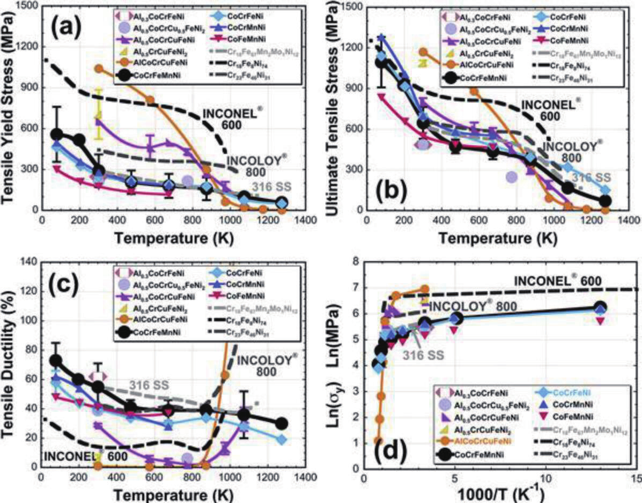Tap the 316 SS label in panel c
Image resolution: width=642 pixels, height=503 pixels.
149,384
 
